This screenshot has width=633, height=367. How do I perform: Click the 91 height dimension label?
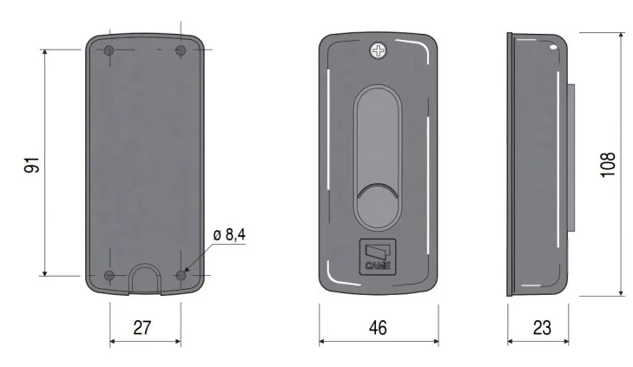pyautogui.click(x=32, y=165)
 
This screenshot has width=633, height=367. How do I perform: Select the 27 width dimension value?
pyautogui.click(x=142, y=327)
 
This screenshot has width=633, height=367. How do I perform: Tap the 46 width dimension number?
pyautogui.click(x=378, y=327)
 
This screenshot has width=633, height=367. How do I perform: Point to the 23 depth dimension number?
pyautogui.click(x=542, y=327)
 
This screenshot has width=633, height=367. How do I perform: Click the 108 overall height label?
pyautogui.click(x=608, y=164)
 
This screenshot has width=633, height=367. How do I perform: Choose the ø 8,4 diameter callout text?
pyautogui.click(x=229, y=234)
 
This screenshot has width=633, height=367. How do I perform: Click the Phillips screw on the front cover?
pyautogui.click(x=379, y=51)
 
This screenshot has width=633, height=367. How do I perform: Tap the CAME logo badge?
pyautogui.click(x=378, y=258)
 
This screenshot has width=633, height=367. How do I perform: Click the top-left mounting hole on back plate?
pyautogui.click(x=109, y=51)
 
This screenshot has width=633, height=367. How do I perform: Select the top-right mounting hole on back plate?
pyautogui.click(x=181, y=51)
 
